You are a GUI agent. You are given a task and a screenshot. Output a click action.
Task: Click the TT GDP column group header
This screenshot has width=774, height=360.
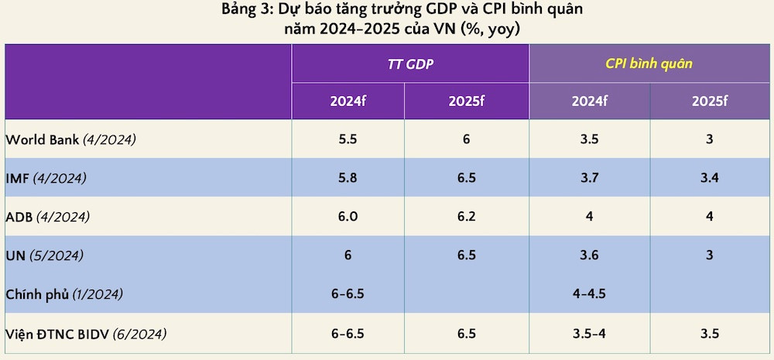[x=410, y=63]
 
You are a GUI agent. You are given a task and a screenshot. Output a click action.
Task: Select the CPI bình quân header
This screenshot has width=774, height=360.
[x=649, y=63]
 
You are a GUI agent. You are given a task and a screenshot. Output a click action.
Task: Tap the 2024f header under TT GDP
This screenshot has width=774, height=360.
[x=348, y=101]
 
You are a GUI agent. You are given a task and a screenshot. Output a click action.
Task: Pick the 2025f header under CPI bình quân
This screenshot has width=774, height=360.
[x=710, y=101]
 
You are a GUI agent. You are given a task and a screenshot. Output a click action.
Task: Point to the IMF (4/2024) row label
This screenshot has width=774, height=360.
[x=46, y=178]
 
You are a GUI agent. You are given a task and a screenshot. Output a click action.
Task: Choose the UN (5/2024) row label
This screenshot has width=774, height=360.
[x=44, y=255]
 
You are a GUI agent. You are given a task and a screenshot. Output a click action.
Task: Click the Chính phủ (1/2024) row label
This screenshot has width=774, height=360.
[x=64, y=295]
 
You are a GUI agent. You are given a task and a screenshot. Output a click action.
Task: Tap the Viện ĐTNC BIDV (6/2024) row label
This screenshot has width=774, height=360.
[x=86, y=334]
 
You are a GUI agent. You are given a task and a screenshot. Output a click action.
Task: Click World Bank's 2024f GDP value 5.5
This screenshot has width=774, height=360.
[x=348, y=140]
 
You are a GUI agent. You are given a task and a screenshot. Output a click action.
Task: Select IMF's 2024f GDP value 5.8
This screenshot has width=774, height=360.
[x=348, y=178]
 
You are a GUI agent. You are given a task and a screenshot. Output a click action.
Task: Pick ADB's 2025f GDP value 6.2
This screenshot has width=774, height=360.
[x=467, y=217]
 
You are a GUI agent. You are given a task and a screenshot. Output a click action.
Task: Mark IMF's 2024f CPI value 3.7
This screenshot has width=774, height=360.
[x=590, y=178]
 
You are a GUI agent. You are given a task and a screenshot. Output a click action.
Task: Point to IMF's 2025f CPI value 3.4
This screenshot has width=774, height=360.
[x=710, y=178]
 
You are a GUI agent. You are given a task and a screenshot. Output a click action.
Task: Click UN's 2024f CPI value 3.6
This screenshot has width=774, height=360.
[x=590, y=255]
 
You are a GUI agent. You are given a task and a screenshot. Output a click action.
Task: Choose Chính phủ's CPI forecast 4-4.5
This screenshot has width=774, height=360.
[x=590, y=295]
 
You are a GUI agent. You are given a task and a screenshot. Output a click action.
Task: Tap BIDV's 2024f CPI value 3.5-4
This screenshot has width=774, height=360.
[x=590, y=334]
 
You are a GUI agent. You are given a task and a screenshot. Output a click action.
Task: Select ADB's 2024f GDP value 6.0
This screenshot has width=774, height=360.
[x=348, y=217]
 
